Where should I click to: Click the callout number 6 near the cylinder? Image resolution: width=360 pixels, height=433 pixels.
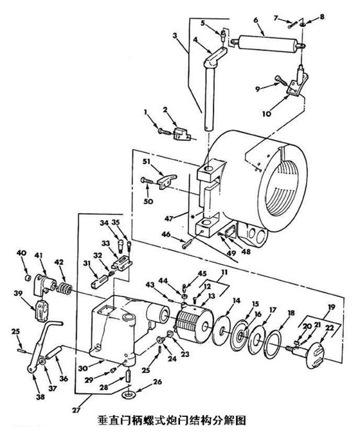(255, 20)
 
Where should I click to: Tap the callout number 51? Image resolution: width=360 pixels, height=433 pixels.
(147, 161)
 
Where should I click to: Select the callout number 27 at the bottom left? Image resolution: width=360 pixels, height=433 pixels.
(76, 410)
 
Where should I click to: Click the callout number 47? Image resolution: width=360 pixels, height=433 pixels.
(169, 219)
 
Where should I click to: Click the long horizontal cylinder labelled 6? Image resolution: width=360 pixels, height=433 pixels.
(267, 44)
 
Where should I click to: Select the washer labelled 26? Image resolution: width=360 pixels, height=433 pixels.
(129, 395)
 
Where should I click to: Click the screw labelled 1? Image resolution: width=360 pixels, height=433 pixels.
(165, 132)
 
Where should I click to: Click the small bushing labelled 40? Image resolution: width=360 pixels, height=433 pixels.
(27, 277)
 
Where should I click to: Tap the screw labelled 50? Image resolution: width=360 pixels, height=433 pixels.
(147, 180)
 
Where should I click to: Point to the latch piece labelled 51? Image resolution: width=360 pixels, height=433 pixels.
(167, 181)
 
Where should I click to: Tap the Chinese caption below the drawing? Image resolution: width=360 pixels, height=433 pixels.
(172, 421)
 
